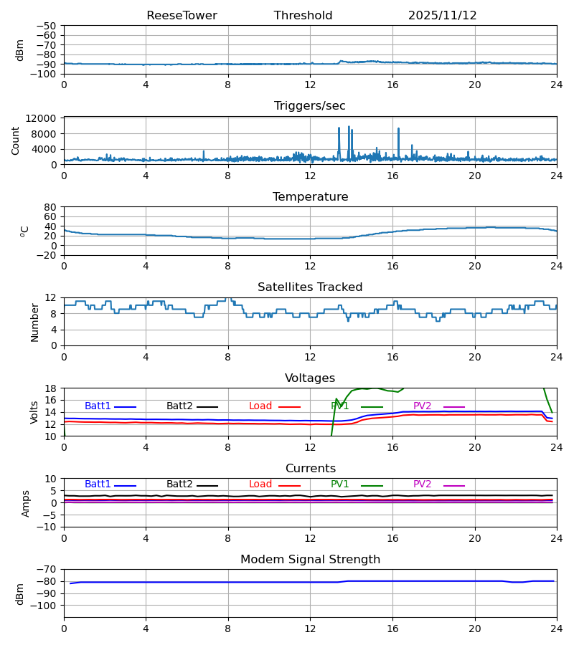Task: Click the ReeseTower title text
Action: pos(182,16)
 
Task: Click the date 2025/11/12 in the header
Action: pos(442,16)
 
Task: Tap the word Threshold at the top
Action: pos(303,16)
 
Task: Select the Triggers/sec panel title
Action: pos(310,106)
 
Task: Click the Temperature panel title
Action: pos(310,197)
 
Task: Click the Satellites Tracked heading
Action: pos(310,287)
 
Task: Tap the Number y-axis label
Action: pos(35,322)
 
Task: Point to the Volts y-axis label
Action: pos(35,412)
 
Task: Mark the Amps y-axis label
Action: pos(26,503)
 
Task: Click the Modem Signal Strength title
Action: pos(310,560)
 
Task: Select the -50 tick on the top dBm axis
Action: pos(47,26)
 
